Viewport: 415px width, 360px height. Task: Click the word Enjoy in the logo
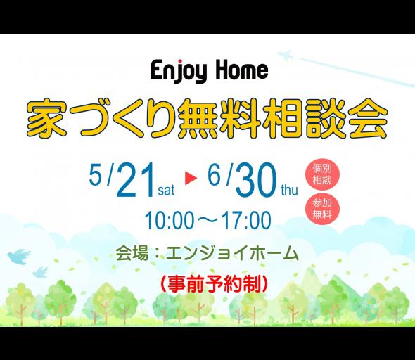(x=179, y=70)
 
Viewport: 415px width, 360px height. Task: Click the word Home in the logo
(x=242, y=70)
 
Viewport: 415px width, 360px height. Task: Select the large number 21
(x=136, y=180)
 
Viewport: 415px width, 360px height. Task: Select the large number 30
(x=255, y=180)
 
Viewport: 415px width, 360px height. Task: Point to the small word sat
(x=166, y=191)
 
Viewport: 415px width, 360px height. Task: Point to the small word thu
(x=289, y=190)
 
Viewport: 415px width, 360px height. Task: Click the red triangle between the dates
(x=191, y=179)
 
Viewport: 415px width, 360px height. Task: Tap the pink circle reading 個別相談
(x=322, y=174)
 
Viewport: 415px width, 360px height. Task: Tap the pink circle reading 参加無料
(x=322, y=209)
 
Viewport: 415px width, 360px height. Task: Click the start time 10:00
(x=170, y=220)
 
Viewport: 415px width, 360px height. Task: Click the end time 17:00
(x=246, y=220)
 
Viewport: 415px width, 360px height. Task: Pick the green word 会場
(x=132, y=253)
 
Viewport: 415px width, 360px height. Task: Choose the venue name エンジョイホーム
(x=232, y=253)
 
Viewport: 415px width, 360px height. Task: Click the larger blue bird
(x=18, y=256)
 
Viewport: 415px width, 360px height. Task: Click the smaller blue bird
(x=40, y=272)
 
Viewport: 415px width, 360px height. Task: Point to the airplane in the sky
(x=286, y=55)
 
